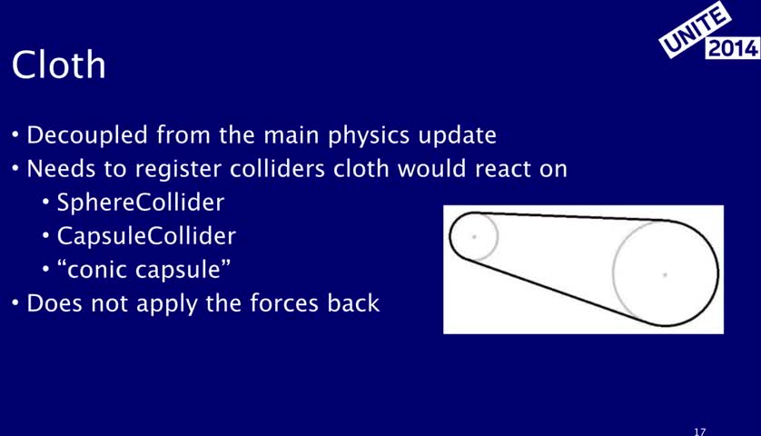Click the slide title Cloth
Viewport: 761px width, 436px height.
pos(59,64)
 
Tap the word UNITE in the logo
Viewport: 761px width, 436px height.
pos(695,29)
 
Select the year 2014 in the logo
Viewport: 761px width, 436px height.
pos(733,48)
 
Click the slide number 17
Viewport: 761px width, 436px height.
pos(699,431)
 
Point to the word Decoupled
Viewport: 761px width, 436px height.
pos(87,135)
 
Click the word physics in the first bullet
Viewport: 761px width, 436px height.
pos(369,135)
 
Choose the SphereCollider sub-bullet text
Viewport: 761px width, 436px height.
pos(141,202)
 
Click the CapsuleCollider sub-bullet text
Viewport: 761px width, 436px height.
pos(146,236)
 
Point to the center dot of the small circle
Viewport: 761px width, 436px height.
pos(474,237)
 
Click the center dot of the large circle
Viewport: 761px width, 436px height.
pos(665,275)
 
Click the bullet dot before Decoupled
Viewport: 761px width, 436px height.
pos(15,134)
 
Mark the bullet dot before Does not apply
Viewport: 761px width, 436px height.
pos(15,302)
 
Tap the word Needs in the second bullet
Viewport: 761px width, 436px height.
pos(61,169)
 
